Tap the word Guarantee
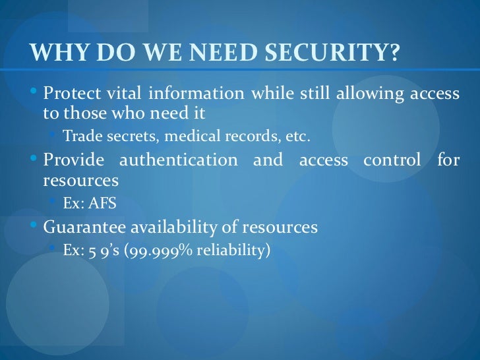pos(80,227)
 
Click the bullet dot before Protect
pos(35,92)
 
